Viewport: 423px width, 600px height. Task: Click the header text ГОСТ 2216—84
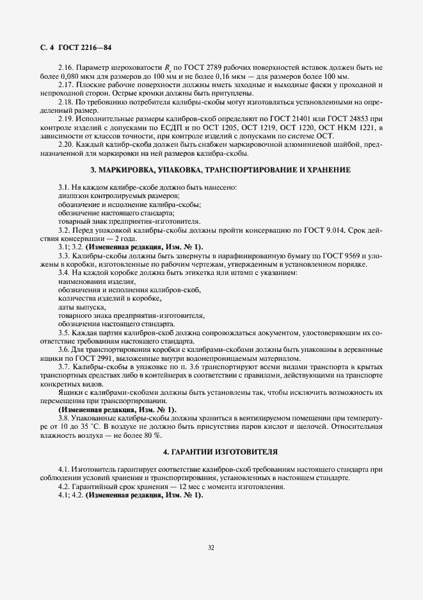click(86, 48)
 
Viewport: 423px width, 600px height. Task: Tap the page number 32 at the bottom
click(211, 547)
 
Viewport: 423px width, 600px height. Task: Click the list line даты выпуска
click(77, 307)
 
